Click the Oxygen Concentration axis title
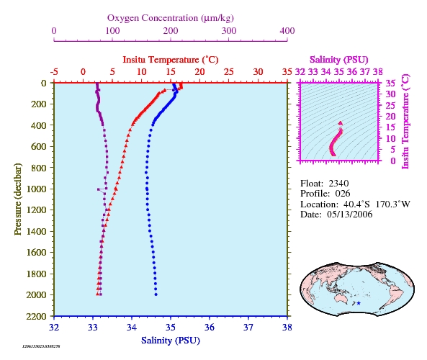(171, 18)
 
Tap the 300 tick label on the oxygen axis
(229, 30)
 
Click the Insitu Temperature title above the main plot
(171, 59)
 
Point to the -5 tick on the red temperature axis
(54, 71)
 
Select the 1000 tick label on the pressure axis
(36, 189)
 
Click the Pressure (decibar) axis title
(17, 199)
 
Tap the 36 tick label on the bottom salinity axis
(209, 327)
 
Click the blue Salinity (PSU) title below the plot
(171, 341)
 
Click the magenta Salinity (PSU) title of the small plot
(338, 59)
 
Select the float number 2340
(338, 184)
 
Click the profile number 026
(343, 194)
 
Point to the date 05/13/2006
(350, 215)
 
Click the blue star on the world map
(359, 303)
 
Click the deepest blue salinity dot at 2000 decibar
(156, 294)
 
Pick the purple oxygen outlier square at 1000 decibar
(99, 189)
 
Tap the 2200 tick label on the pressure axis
(36, 316)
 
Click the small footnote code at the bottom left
(41, 346)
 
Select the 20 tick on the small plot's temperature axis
(390, 117)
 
